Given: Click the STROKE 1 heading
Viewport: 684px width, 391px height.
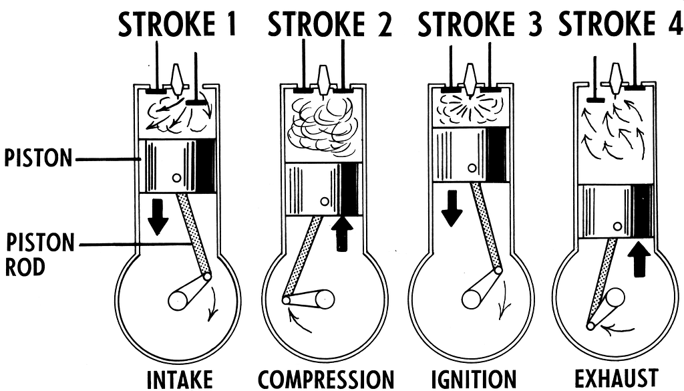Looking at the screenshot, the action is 176,24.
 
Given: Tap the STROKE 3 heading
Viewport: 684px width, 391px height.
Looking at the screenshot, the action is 480,24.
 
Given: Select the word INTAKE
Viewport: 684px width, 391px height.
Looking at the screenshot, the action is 180,380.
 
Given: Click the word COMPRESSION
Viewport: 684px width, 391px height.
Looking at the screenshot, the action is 326,380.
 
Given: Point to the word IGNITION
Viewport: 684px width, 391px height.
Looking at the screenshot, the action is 474,380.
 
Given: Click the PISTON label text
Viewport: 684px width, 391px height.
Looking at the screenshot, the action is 38,158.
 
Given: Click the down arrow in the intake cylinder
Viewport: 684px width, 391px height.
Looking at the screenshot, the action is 158,217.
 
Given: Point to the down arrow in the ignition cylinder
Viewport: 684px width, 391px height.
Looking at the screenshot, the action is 452,208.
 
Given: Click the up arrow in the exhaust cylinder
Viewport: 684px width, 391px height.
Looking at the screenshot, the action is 640,259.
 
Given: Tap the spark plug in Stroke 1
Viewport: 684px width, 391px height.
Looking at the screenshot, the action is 177,80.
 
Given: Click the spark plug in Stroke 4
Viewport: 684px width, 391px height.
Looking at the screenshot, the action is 615,79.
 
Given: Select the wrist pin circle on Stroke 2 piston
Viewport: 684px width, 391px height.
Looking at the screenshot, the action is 325,202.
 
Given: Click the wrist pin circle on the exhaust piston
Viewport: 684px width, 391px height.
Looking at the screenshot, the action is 618,226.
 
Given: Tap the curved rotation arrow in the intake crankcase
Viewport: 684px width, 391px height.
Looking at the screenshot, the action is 214,303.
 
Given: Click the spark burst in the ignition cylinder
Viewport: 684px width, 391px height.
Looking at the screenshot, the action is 470,107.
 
